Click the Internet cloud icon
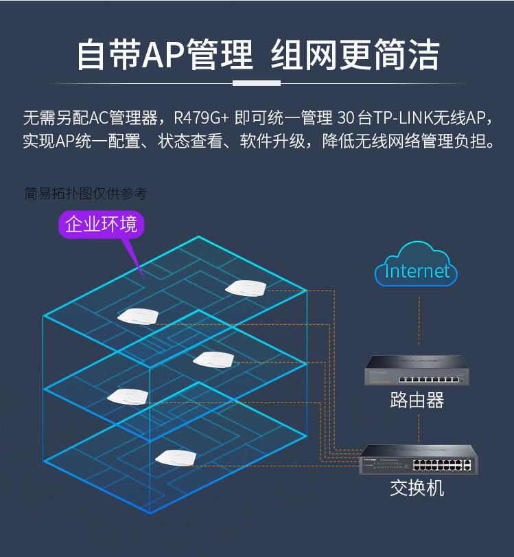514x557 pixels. (416, 266)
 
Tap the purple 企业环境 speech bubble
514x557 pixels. (101, 224)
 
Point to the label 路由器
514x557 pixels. (417, 400)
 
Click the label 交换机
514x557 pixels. (417, 488)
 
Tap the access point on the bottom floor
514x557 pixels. (176, 457)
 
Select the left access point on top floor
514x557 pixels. (138, 316)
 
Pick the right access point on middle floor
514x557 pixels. (214, 359)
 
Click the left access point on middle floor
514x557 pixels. (128, 396)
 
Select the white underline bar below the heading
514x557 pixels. (257, 83)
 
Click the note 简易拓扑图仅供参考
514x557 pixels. (85, 194)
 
